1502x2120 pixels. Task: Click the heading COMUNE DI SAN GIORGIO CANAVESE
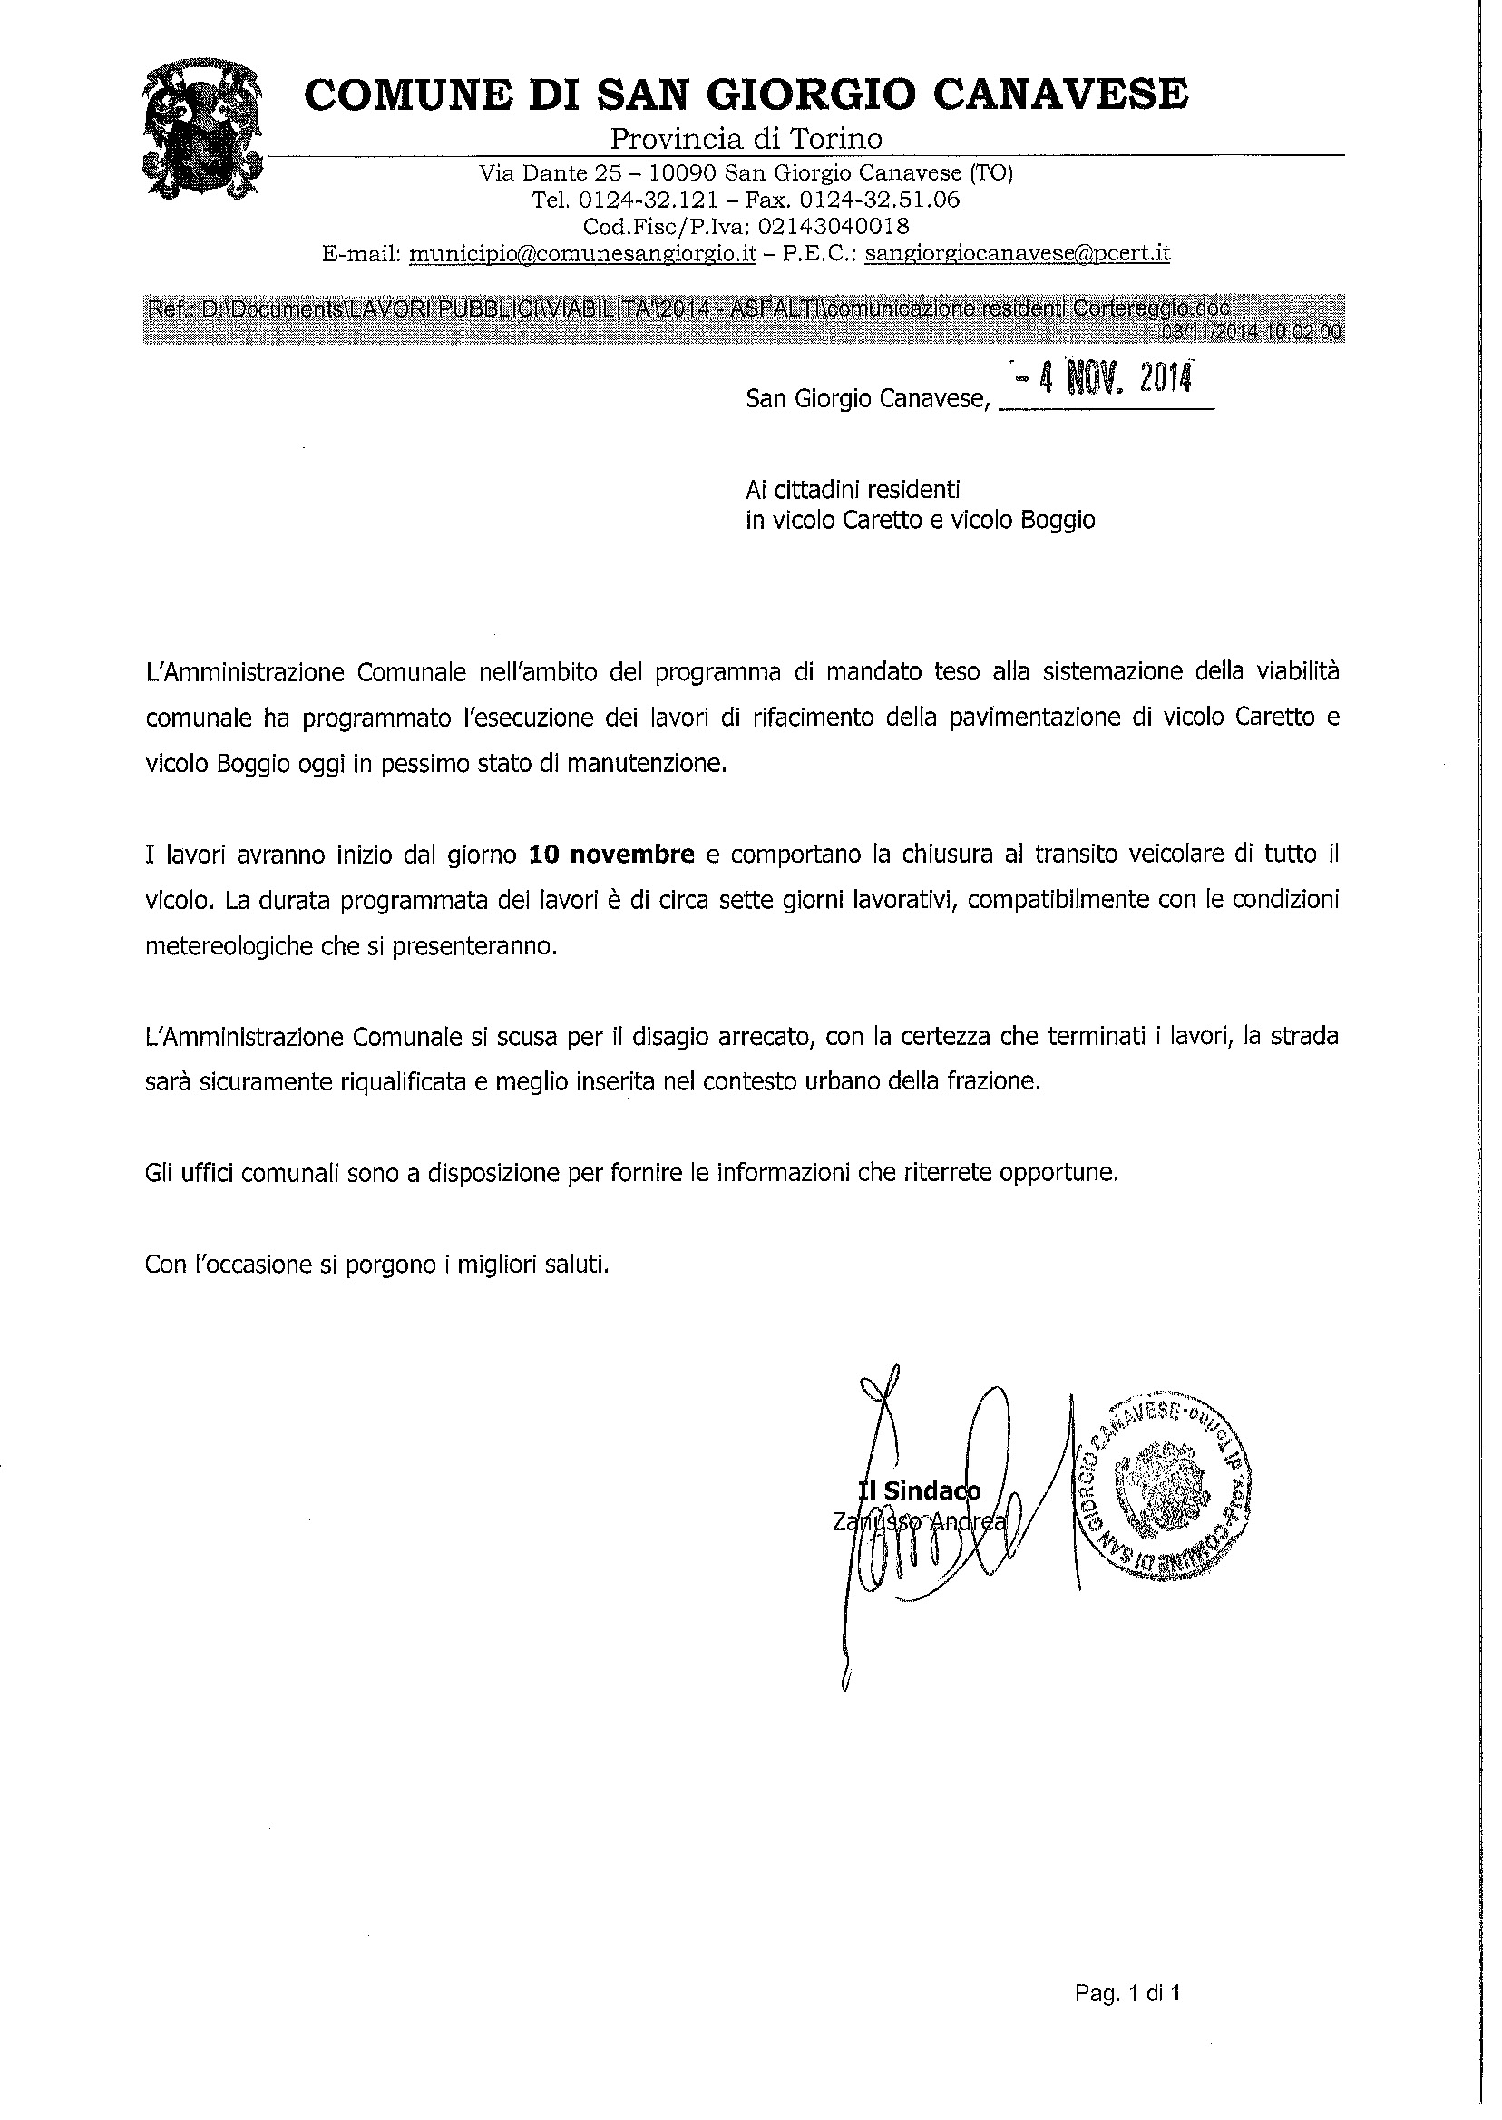[x=746, y=94]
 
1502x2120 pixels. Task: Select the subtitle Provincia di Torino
[x=746, y=139]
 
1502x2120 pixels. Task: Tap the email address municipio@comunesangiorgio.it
[x=582, y=253]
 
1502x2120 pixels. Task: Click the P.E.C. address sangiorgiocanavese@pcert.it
[x=1018, y=253]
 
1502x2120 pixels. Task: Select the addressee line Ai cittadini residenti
[x=853, y=488]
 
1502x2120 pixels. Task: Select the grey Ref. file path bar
[x=746, y=319]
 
